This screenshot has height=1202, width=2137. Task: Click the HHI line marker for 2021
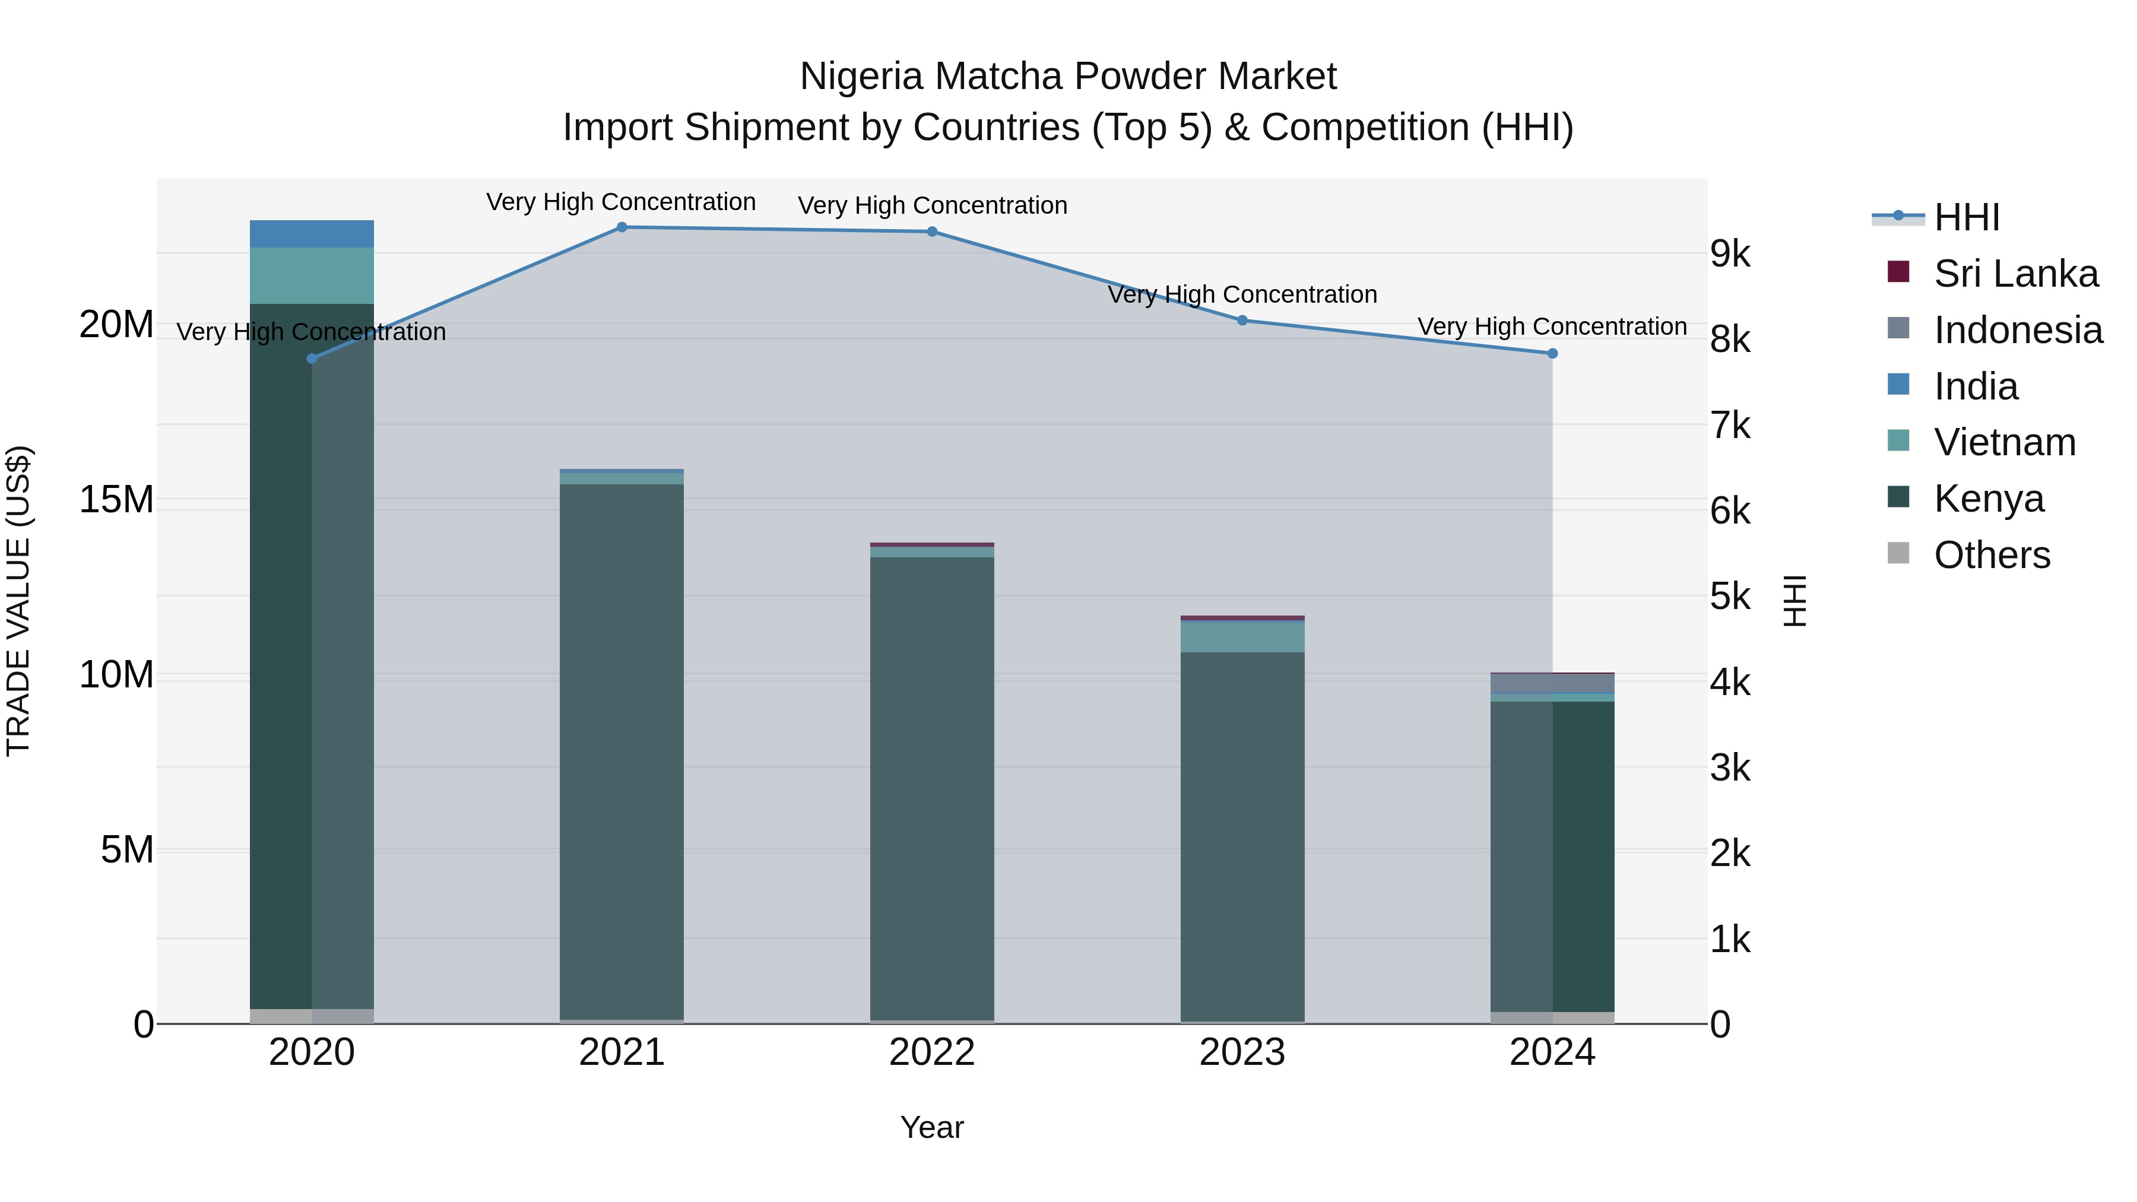622,227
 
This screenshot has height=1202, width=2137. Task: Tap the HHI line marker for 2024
1552,353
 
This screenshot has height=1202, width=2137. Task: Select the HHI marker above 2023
1242,320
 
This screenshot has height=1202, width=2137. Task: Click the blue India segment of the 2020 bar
311,234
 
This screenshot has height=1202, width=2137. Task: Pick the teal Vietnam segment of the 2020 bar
311,275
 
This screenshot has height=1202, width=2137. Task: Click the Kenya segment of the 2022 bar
931,788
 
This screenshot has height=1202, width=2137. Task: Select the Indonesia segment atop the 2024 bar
1552,683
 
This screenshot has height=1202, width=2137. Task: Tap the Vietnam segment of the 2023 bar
1242,636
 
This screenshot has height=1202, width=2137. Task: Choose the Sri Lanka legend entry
2015,274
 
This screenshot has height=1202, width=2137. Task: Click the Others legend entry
1991,555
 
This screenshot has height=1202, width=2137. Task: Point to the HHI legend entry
1966,217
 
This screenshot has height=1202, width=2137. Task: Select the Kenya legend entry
1989,499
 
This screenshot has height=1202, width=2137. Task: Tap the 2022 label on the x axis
931,1052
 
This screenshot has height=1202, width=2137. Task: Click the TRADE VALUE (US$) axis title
18,601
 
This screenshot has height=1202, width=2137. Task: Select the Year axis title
931,1127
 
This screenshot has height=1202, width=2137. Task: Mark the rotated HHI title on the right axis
1794,601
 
